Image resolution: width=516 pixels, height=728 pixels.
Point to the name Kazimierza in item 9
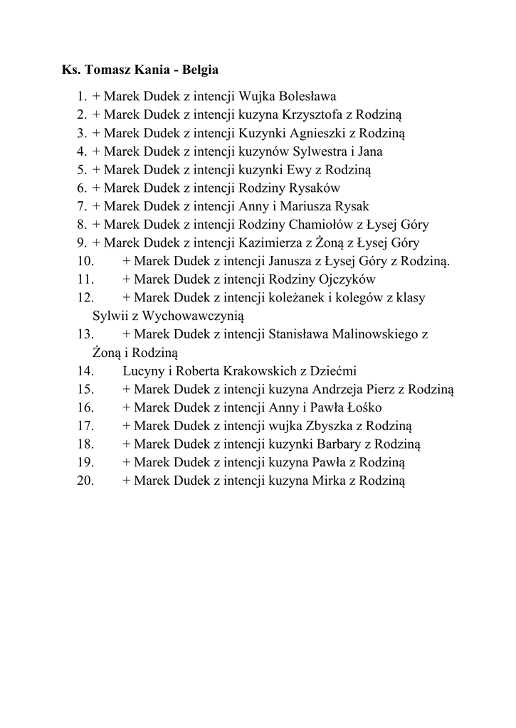270,243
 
